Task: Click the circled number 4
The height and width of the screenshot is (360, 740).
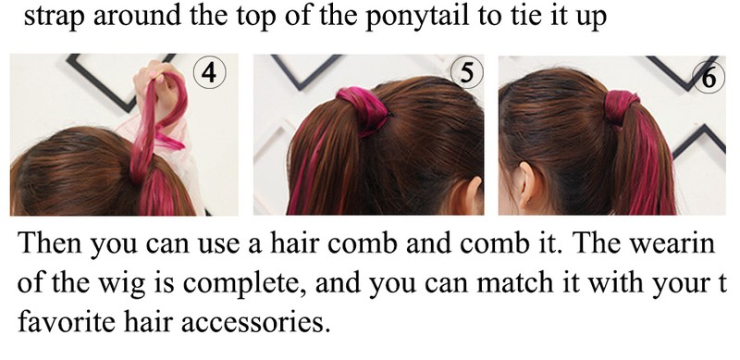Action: point(210,73)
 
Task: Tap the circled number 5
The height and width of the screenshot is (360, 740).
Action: point(467,73)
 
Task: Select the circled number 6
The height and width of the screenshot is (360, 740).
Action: point(709,77)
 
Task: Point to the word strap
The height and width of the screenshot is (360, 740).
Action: point(55,17)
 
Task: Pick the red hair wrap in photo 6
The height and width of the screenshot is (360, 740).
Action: point(621,107)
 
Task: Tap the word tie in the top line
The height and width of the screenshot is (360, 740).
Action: point(507,16)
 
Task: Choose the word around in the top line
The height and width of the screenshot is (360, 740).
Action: point(137,16)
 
